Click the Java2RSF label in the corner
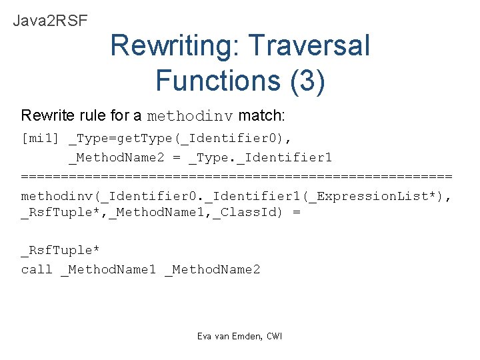[50, 20]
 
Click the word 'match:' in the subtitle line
[261, 115]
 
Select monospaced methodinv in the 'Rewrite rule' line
[189, 116]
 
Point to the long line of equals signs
[237, 176]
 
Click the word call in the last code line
[37, 269]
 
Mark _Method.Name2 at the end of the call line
[212, 269]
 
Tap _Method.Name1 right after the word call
[108, 269]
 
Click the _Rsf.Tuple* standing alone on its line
[60, 250]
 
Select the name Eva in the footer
[204, 336]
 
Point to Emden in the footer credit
[248, 336]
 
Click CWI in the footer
[274, 336]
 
